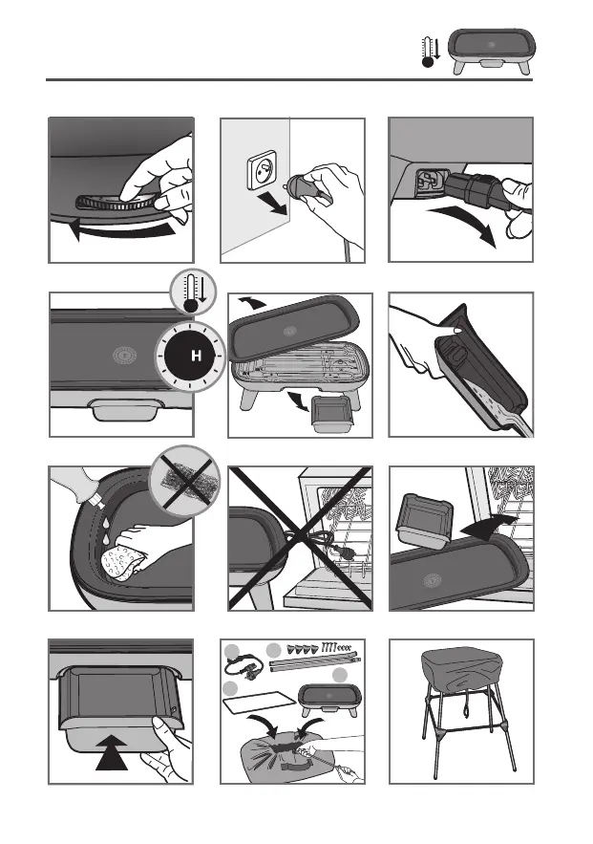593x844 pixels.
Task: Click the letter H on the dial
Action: point(197,356)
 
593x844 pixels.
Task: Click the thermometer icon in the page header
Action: point(430,53)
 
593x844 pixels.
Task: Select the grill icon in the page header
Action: point(492,51)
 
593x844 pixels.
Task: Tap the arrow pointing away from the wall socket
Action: point(271,203)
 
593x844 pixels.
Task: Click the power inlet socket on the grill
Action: point(429,182)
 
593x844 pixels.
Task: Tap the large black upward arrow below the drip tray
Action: point(112,753)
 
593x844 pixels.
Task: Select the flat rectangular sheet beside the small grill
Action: point(259,702)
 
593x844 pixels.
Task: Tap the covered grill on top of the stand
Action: point(461,673)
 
